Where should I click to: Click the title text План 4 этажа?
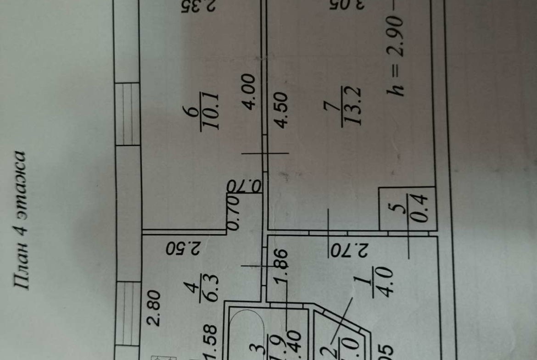pyautogui.click(x=22, y=220)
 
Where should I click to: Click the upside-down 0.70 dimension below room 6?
pyautogui.click(x=244, y=186)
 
